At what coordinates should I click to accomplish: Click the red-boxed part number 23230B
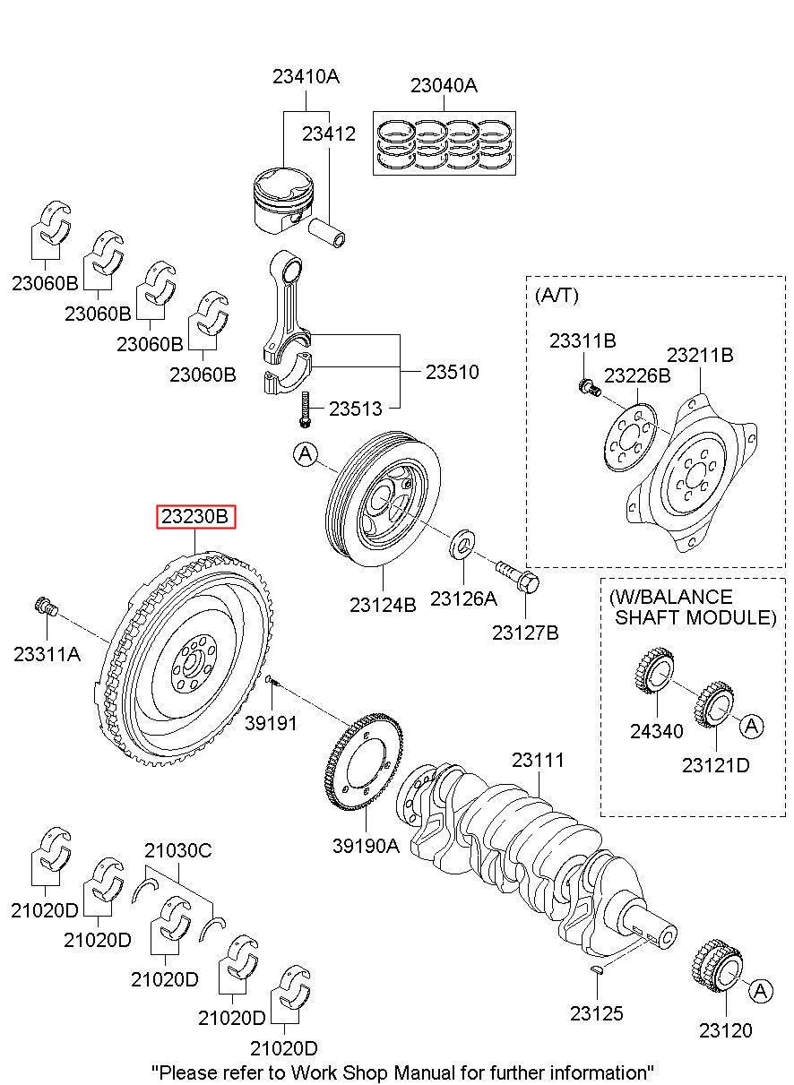tap(195, 517)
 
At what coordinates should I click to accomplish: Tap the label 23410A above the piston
tap(306, 77)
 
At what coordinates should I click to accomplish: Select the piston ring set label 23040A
tap(444, 86)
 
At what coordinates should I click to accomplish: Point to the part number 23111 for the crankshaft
tap(538, 761)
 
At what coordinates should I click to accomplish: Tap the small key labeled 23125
tap(597, 971)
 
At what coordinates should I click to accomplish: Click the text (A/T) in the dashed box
tap(556, 295)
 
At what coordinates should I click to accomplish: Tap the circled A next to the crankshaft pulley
tap(305, 456)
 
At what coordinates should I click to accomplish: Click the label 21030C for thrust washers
tap(178, 850)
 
